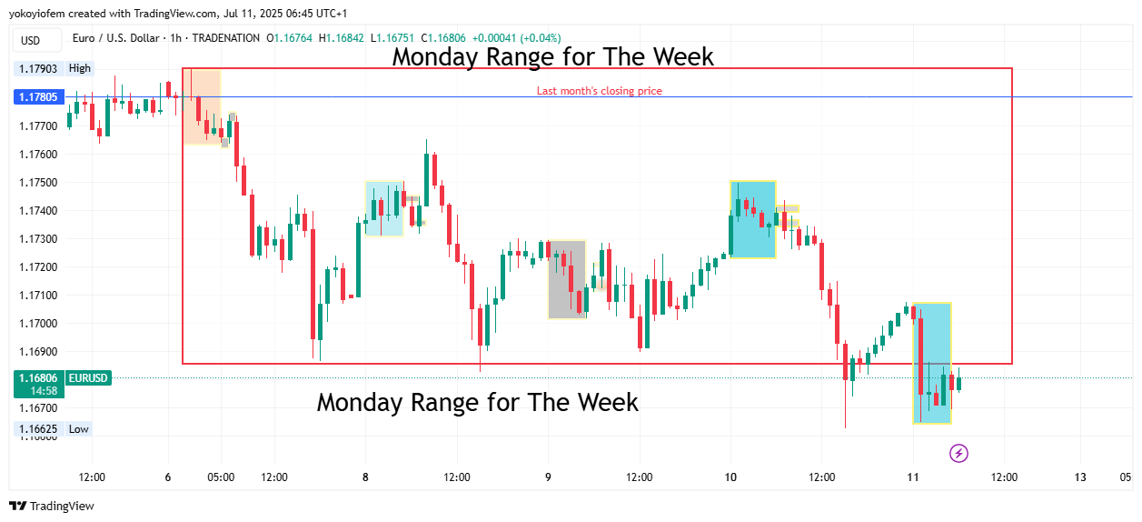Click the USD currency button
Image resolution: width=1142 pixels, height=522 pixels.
(31, 40)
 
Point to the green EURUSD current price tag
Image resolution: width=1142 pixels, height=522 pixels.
(63, 383)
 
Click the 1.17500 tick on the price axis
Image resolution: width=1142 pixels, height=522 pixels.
(37, 183)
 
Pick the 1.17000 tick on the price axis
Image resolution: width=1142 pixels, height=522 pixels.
(37, 324)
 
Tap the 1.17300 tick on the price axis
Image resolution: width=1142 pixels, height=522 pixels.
(37, 239)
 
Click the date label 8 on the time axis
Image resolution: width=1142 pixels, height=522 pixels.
(365, 477)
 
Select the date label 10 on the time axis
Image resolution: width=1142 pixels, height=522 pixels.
(731, 477)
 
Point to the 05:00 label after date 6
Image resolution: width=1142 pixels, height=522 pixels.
(221, 477)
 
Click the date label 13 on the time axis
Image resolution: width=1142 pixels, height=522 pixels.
(1080, 477)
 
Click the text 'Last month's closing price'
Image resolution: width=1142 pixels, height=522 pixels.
(599, 91)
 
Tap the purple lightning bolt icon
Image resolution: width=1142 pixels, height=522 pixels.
(958, 453)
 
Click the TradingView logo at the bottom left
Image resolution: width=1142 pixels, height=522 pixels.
(52, 506)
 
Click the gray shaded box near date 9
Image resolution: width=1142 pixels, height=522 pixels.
(566, 279)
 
